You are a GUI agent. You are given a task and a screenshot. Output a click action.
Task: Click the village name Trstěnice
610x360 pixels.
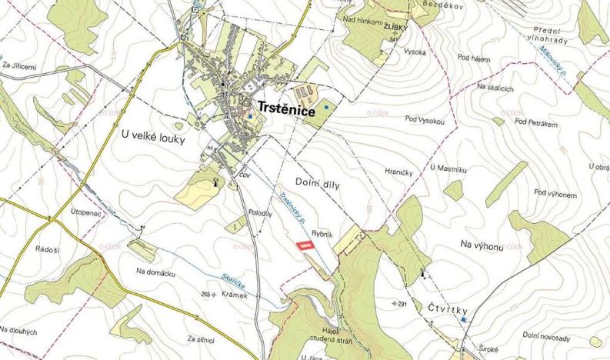[286, 112]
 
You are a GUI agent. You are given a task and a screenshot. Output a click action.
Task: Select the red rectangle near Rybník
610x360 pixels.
[305, 245]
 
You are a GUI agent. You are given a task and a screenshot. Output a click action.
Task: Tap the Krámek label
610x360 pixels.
[235, 295]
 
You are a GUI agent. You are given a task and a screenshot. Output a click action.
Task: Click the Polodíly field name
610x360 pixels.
[261, 215]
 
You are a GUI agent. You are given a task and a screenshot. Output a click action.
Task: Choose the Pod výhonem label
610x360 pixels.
[555, 194]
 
